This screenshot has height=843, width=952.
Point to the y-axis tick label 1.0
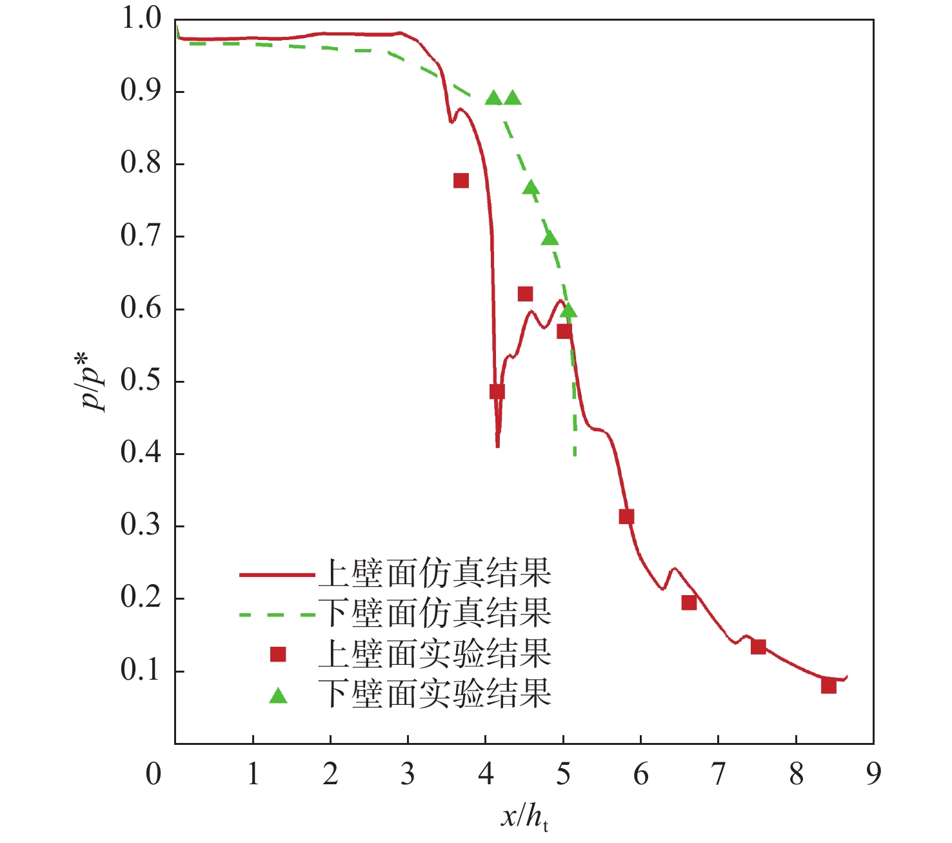click(141, 19)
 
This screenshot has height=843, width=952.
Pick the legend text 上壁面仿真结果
click(435, 573)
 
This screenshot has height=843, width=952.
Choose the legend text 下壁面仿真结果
click(435, 613)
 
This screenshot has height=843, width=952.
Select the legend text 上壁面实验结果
click(435, 654)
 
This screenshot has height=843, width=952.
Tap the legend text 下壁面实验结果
click(435, 694)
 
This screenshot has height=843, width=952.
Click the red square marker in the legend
click(278, 655)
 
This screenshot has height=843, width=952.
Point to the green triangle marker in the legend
click(278, 696)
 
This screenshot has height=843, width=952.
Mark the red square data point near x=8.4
click(829, 686)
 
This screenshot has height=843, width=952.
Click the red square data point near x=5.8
click(626, 516)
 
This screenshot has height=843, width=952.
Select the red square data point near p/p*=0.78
click(461, 181)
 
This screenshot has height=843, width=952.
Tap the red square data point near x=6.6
click(689, 603)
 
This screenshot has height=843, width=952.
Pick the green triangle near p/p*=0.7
click(550, 239)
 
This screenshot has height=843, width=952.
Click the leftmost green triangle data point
click(493, 98)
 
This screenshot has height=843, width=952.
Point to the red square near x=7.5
click(759, 647)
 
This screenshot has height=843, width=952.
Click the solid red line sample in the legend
click(277, 574)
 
